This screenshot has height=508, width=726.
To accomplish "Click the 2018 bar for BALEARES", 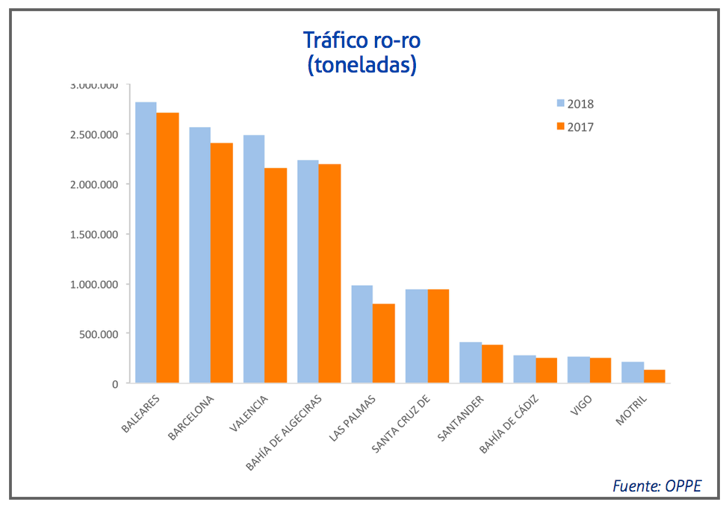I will point(146,243).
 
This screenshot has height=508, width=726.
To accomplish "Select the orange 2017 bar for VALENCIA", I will point(276,276).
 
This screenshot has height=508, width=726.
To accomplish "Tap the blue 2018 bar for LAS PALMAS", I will point(362,334).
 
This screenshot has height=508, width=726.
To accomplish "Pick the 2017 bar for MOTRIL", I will point(654,377).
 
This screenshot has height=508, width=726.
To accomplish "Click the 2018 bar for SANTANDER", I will point(470,362).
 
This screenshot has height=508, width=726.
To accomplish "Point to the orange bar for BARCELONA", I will point(222,263).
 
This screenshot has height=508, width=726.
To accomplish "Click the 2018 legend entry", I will point(574,104).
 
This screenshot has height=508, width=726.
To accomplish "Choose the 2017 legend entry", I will point(574,127).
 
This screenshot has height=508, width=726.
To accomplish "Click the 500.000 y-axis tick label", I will point(99,334).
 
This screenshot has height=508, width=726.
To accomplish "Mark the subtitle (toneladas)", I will point(362,65).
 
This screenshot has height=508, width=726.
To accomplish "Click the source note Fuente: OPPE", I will point(657,486).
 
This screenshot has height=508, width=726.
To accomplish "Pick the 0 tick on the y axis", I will point(115,384).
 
